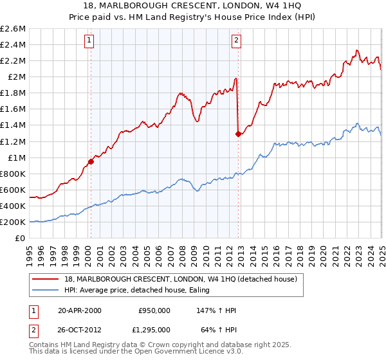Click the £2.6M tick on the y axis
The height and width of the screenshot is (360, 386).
[x=13, y=28]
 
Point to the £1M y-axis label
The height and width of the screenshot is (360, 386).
[x=17, y=157]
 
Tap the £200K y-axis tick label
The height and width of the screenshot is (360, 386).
[x=13, y=222]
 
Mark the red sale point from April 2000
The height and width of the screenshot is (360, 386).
[x=91, y=161]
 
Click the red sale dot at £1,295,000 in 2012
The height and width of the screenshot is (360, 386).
[x=238, y=134]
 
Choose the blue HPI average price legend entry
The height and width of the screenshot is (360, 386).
[x=141, y=291]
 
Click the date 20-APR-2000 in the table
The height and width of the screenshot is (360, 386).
[x=79, y=310]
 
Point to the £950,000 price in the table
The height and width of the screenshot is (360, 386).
[x=154, y=310]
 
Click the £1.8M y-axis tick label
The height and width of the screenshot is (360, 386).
[x=13, y=93]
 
